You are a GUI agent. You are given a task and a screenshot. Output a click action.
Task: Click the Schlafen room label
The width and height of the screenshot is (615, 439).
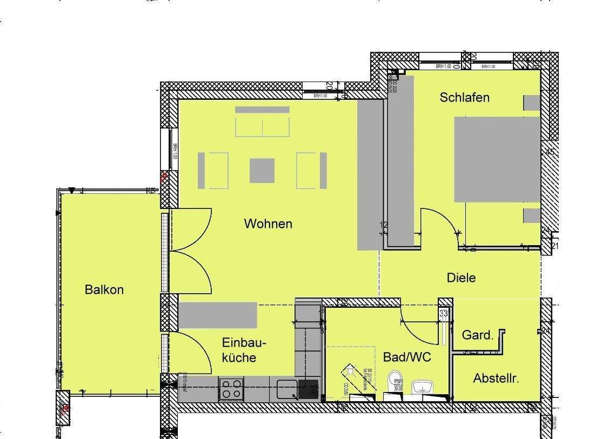[x=464, y=98]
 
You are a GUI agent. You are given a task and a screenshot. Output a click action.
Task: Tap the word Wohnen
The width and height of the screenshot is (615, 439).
[x=268, y=224]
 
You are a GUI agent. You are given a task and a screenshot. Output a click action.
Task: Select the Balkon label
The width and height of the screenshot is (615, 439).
[x=104, y=289]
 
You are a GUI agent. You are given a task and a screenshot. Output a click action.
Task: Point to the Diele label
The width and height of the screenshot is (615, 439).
[x=461, y=278]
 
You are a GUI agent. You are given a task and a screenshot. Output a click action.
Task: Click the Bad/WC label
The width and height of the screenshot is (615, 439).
[x=406, y=357]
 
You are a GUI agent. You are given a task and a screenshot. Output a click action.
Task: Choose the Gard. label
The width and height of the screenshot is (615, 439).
[x=477, y=335]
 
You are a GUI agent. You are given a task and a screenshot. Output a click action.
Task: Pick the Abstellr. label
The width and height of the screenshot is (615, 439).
[x=496, y=379]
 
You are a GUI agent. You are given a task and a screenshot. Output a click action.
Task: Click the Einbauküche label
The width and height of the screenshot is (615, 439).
[x=244, y=350]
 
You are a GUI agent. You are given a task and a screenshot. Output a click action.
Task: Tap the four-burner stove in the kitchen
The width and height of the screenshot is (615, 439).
[x=232, y=389]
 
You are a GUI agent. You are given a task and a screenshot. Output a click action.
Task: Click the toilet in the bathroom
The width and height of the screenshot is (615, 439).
[x=395, y=382]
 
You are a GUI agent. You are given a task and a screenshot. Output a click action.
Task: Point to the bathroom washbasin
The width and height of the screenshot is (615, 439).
[x=423, y=388]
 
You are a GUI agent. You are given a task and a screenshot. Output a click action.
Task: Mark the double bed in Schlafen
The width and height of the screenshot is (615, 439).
[x=497, y=159]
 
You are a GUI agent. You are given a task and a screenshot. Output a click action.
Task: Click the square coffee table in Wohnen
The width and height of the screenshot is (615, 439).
[x=262, y=170]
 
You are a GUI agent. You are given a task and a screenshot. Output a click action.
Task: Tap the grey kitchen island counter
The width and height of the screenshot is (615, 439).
[x=218, y=315]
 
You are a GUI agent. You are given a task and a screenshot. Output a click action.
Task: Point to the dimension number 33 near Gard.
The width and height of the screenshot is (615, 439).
[x=444, y=313]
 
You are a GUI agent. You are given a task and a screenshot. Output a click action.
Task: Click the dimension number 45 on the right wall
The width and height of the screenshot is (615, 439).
[x=550, y=152]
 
